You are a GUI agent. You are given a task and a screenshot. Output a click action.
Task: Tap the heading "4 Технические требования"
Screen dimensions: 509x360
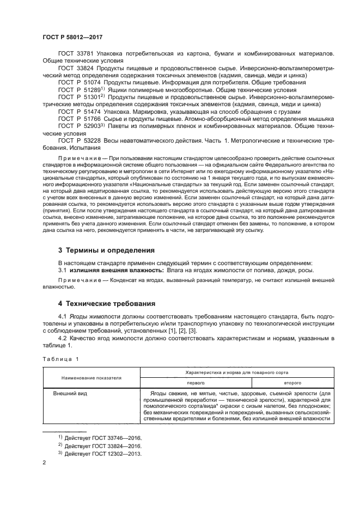point(108,303)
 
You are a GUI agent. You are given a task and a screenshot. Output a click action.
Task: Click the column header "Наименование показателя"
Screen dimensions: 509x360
point(91,377)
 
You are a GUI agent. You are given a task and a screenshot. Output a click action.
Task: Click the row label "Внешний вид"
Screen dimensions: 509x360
point(70,393)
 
